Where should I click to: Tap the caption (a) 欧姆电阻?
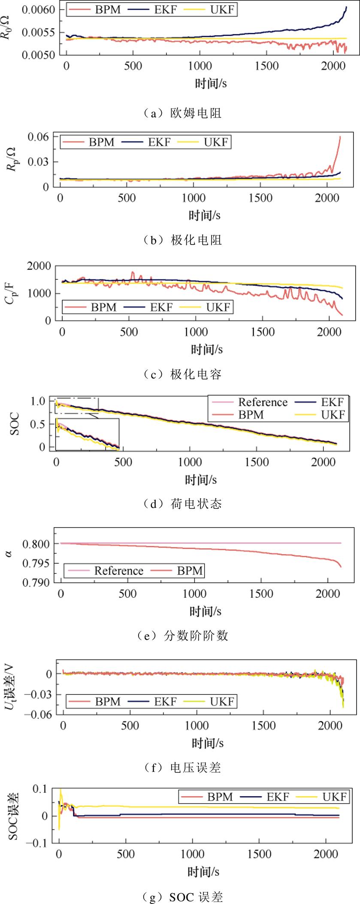click(183, 113)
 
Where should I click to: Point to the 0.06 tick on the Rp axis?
click(38, 136)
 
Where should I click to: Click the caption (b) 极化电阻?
click(183, 240)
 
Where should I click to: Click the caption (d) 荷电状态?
click(183, 503)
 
